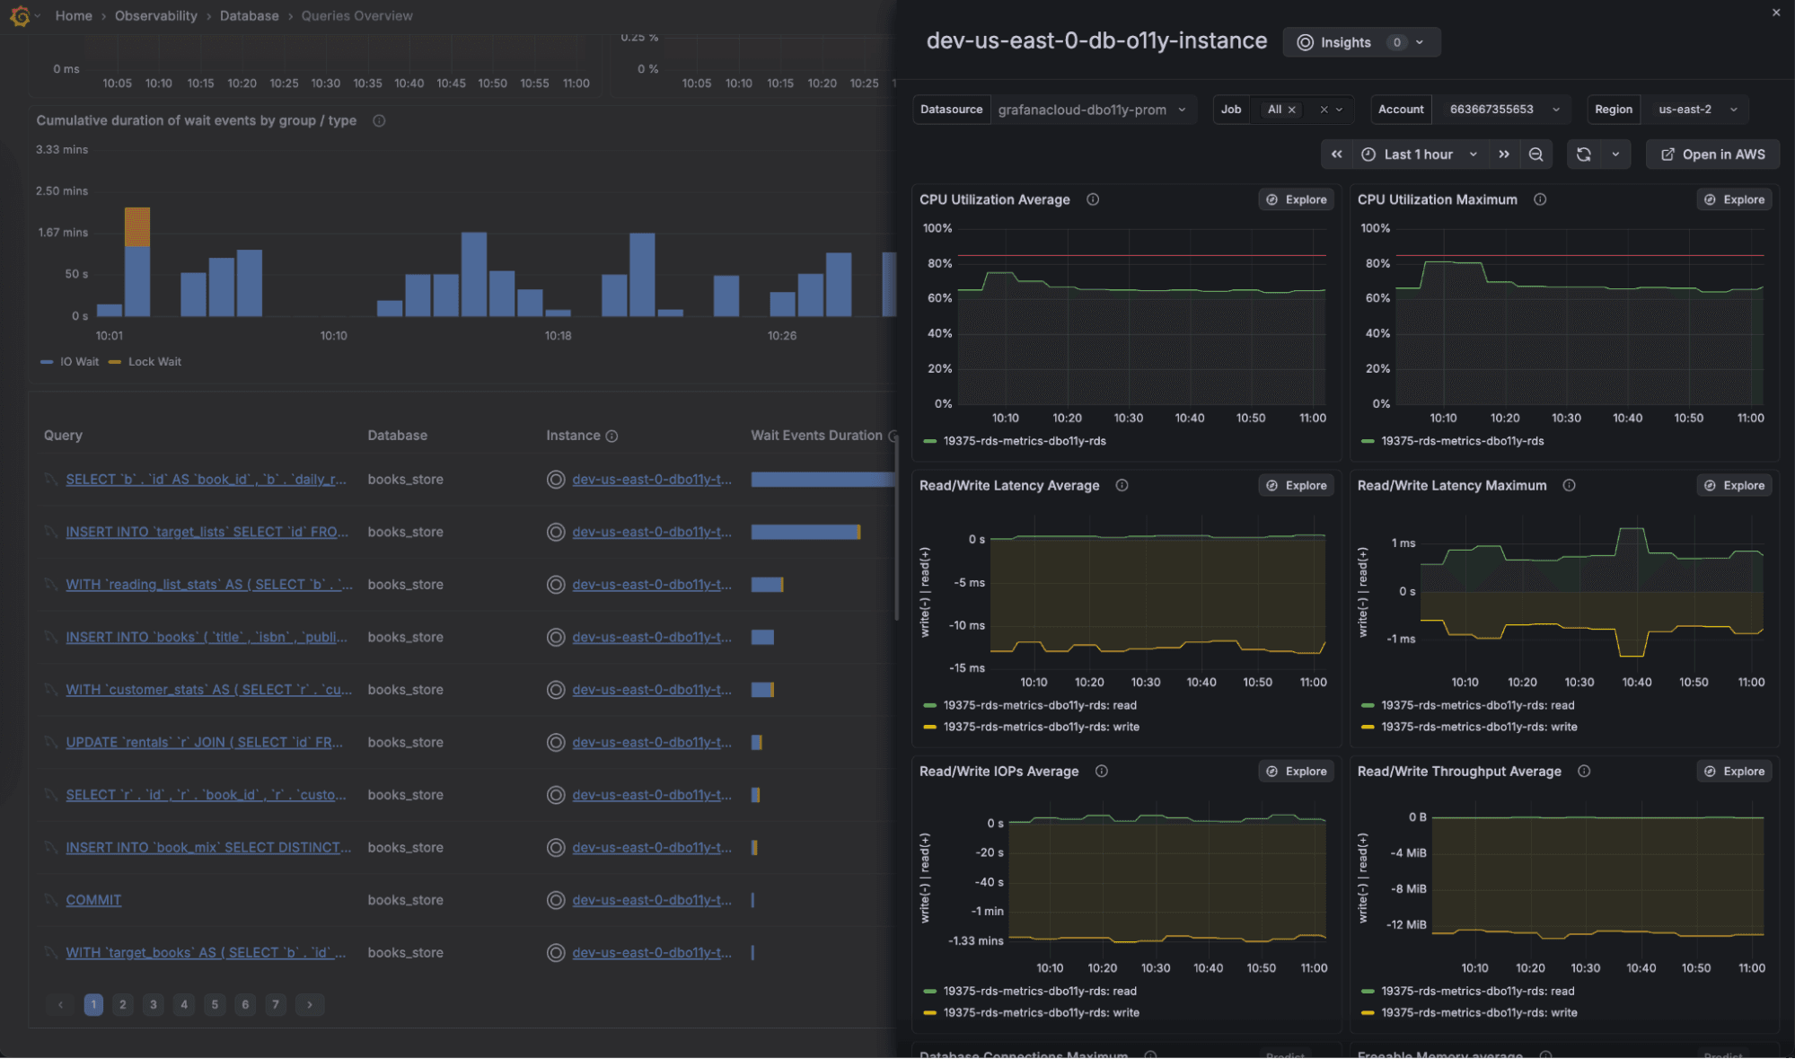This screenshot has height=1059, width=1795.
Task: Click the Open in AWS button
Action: pos(1713,154)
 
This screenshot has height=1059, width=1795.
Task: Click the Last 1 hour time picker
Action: pos(1419,154)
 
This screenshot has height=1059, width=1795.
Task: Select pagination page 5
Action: pos(215,1004)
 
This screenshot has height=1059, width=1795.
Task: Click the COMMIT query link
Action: pos(93,900)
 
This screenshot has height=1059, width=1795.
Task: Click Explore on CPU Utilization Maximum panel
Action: pos(1735,199)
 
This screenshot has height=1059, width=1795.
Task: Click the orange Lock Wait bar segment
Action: pos(137,226)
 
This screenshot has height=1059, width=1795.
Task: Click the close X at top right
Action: pos(1775,13)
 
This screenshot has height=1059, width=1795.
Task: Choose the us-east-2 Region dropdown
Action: pos(1695,110)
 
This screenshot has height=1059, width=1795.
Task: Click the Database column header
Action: pos(397,436)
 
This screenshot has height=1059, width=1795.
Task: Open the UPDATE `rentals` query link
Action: pos(204,742)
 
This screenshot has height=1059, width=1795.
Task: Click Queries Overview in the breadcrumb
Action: pos(356,16)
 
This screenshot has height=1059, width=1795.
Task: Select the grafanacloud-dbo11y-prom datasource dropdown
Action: pos(1092,110)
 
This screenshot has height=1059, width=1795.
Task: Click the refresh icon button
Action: pos(1584,154)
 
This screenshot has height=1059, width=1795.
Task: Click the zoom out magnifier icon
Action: pos(1536,154)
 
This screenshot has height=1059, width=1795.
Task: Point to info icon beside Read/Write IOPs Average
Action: pos(1102,772)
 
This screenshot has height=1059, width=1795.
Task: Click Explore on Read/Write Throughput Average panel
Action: pos(1735,772)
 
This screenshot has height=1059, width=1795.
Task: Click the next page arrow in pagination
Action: pos(310,1004)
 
